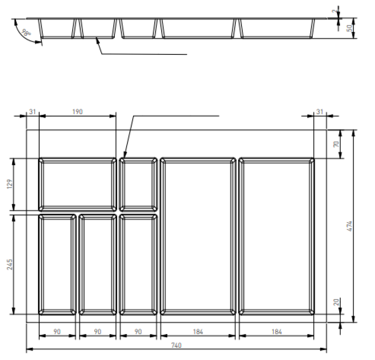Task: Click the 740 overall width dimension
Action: pyautogui.click(x=176, y=345)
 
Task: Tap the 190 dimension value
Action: pyautogui.click(x=77, y=112)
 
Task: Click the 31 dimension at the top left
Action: pyautogui.click(x=32, y=112)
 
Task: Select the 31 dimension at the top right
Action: pyautogui.click(x=320, y=112)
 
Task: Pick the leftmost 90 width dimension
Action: pyautogui.click(x=57, y=332)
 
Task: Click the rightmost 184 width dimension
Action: pyautogui.click(x=276, y=332)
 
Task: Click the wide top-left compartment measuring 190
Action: pyautogui.click(x=77, y=184)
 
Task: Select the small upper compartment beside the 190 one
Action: pyautogui.click(x=138, y=184)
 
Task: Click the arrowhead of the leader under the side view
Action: pyautogui.click(x=97, y=40)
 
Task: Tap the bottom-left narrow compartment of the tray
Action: pyautogui.click(x=57, y=264)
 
